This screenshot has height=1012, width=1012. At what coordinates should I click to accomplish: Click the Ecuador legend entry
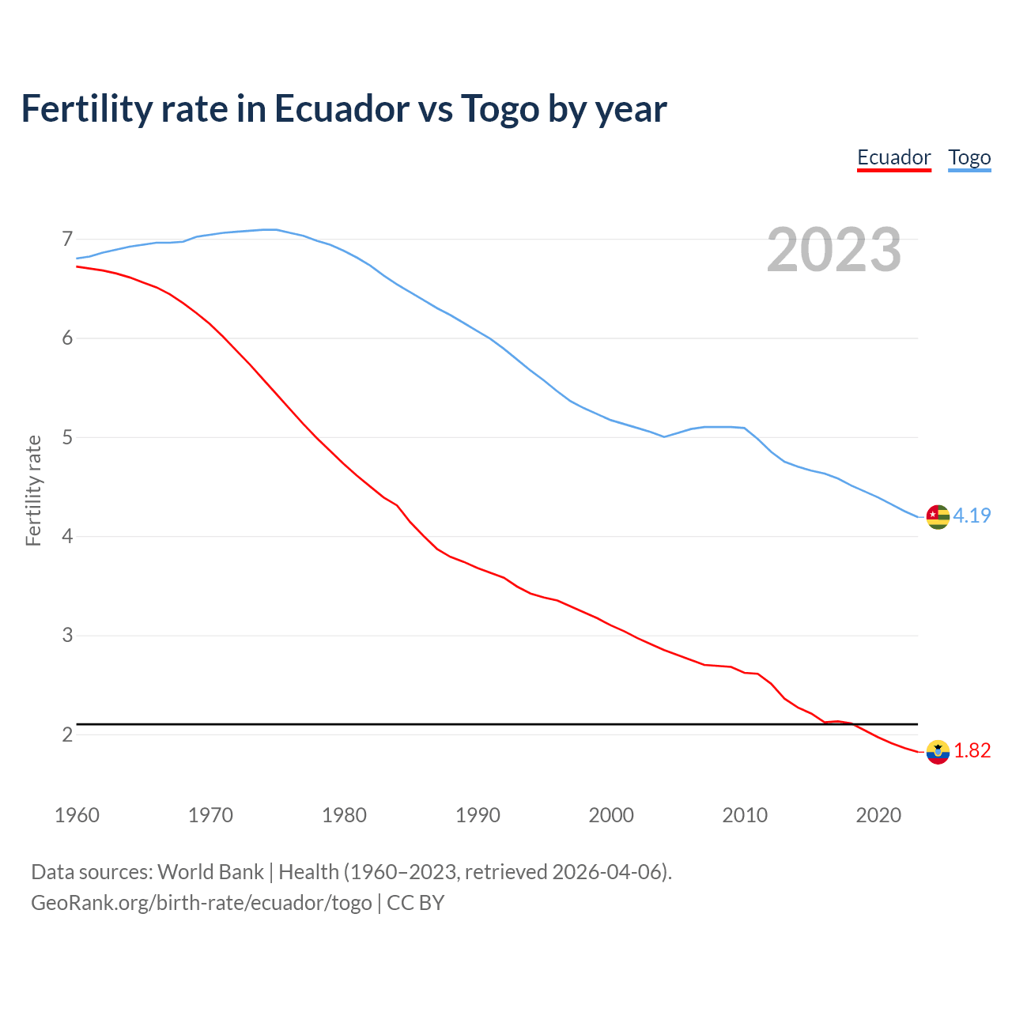point(894,157)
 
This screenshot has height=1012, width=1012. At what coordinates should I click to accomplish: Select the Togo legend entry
point(969,157)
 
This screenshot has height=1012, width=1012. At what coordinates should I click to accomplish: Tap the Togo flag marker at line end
point(938,516)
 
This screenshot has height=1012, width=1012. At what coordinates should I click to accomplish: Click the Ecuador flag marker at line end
point(938,752)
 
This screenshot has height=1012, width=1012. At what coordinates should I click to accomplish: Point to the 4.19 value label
point(972,515)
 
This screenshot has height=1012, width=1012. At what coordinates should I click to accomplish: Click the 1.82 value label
point(972,750)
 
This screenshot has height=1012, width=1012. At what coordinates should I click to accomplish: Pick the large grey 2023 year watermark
point(833,250)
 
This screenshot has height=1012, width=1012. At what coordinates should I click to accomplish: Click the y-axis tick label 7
point(67,239)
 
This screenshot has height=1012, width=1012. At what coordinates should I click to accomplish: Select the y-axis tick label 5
point(67,437)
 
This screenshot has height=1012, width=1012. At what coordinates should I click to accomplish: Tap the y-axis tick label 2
point(67,734)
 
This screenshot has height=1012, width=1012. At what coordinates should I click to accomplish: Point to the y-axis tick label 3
point(67,636)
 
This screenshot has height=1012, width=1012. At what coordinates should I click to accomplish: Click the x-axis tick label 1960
point(77,815)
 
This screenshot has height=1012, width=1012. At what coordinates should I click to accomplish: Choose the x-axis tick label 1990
point(478,815)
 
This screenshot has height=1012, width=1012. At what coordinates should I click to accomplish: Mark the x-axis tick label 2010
point(745,815)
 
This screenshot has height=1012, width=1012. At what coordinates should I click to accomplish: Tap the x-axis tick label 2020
point(878,815)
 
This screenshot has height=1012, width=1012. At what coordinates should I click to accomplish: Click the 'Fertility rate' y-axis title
point(33,490)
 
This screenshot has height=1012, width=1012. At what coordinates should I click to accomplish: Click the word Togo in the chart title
point(500,108)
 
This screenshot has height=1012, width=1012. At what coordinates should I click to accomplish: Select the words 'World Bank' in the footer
point(210,872)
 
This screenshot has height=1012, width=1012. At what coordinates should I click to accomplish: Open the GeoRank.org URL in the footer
point(201,903)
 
